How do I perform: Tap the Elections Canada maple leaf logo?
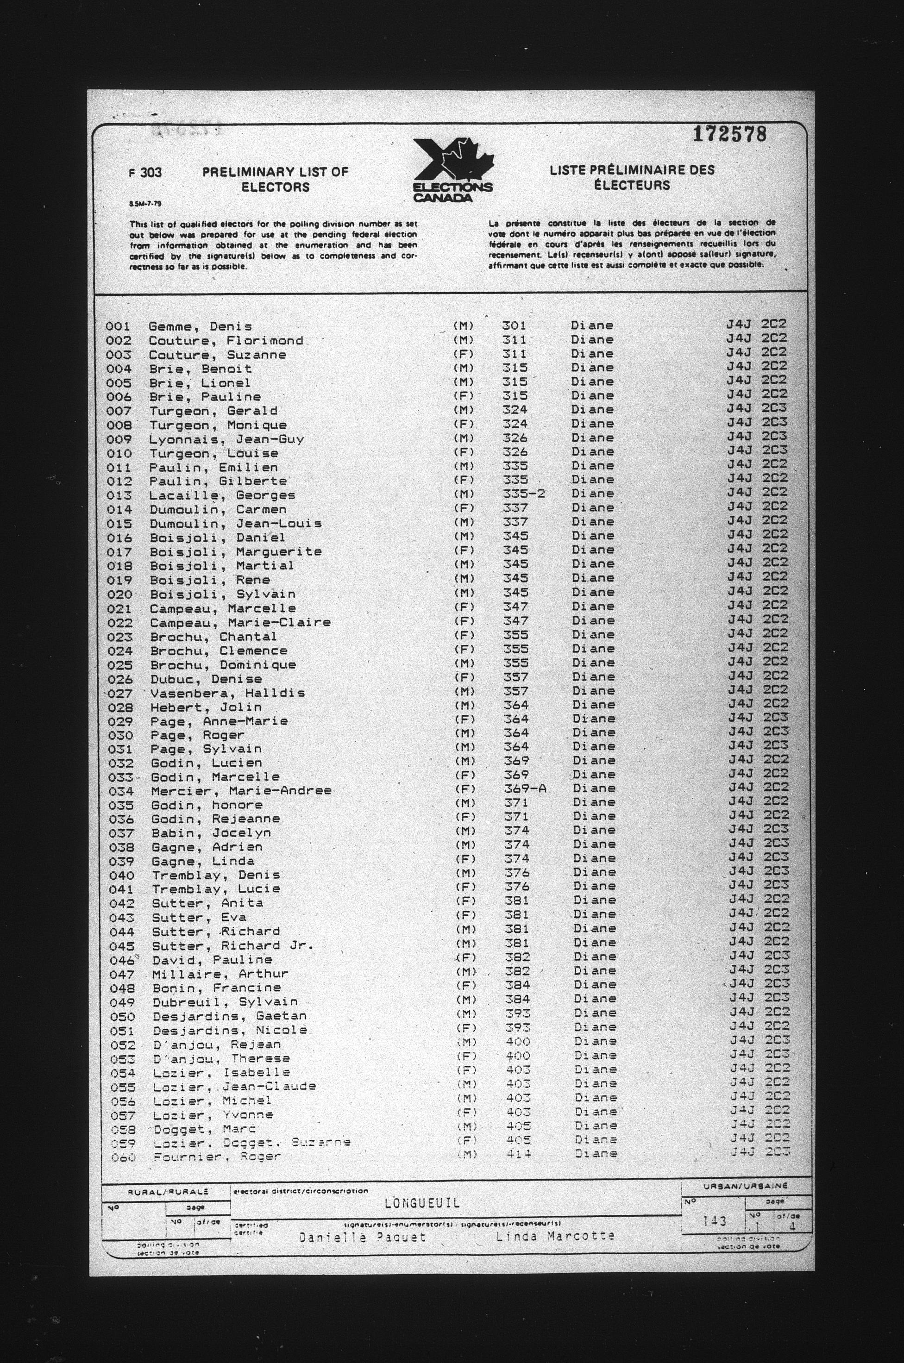tap(452, 170)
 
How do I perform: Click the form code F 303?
tap(145, 172)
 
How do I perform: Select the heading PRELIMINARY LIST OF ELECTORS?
tap(276, 179)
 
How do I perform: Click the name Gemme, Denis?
tap(200, 327)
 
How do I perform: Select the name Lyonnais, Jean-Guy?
tap(226, 439)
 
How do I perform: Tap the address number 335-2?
tap(523, 494)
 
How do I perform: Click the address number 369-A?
tap(525, 788)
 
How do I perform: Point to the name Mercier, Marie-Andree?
tap(241, 791)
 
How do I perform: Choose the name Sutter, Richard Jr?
tap(232, 946)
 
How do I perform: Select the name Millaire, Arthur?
tap(220, 974)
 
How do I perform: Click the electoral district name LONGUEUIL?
tap(422, 1203)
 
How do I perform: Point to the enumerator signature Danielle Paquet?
tap(362, 1237)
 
